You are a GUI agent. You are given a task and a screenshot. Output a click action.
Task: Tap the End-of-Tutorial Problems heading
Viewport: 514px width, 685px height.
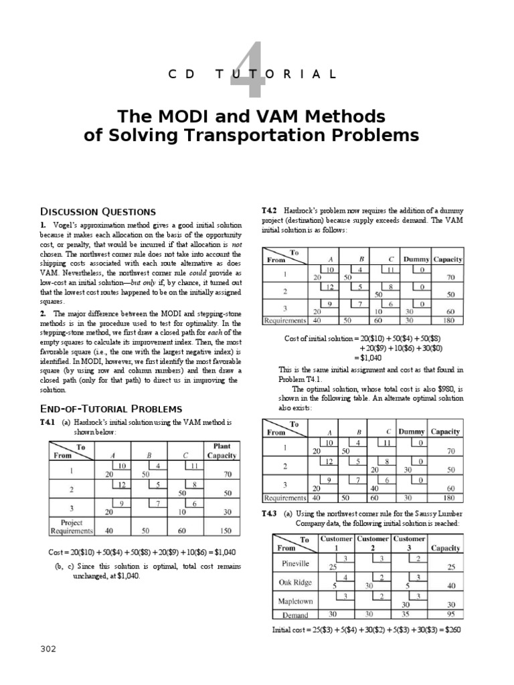coord(112,409)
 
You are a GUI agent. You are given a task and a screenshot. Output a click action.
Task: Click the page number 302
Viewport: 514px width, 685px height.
coord(48,648)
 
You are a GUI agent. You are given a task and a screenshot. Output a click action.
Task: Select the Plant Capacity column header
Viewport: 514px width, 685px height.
coord(222,452)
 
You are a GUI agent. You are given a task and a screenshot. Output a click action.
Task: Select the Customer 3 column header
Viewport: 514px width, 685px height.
coord(410,543)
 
